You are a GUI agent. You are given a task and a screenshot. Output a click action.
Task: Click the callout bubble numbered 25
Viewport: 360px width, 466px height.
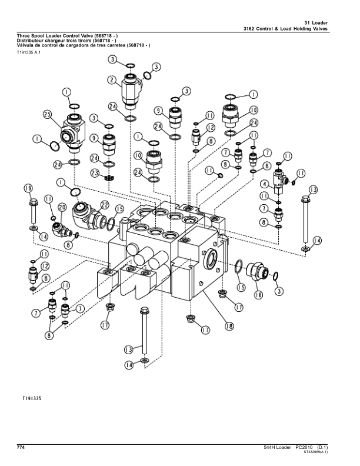tap(47, 114)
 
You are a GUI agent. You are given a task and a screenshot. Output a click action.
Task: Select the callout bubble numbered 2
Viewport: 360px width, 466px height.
tap(112, 80)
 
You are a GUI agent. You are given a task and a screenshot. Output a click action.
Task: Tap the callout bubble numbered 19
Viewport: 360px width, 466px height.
tap(28, 188)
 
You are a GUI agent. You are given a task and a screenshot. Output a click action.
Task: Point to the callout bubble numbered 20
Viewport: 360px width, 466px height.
tap(62, 208)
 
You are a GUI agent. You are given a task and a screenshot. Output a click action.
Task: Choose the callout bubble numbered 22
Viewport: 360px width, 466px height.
tap(105, 205)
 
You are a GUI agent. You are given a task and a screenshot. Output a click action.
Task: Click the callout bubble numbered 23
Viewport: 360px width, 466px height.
tap(95, 173)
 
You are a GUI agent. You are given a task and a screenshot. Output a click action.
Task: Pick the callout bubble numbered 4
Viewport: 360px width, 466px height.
tap(265, 184)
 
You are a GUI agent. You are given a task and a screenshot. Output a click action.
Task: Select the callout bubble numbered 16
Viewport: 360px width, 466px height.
tap(258, 295)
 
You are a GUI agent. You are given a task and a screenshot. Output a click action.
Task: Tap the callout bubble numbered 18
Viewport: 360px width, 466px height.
tap(229, 326)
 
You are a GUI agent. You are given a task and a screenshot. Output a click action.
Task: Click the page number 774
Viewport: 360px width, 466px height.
tap(21, 447)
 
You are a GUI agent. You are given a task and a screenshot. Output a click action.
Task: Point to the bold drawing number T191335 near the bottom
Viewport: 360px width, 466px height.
tap(32, 398)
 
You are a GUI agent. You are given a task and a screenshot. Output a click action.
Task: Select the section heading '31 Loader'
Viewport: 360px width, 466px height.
tap(316, 23)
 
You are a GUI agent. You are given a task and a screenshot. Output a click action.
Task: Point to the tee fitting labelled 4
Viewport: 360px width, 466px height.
tap(279, 180)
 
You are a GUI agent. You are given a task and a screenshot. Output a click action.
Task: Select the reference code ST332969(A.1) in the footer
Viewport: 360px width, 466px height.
tap(316, 452)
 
